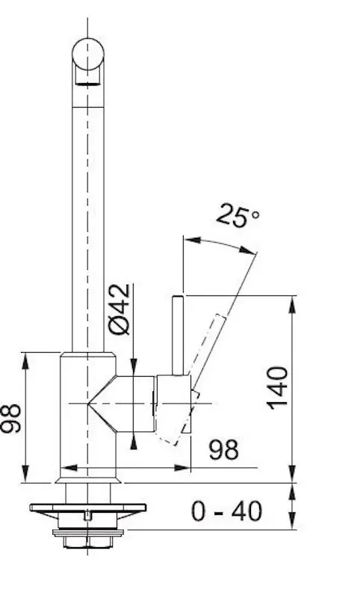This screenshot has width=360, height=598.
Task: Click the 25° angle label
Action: tap(238, 216)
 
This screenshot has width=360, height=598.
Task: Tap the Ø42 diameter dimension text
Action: tap(120, 309)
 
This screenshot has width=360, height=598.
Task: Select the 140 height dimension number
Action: tap(278, 388)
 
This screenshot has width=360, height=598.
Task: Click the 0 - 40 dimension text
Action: tap(226, 511)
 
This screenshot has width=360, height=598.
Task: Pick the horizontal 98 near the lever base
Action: tap(224, 449)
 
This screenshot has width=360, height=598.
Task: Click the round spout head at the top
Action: tap(88, 53)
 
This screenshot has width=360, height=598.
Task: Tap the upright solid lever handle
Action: tap(179, 336)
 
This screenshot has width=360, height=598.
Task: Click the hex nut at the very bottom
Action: tap(87, 542)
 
